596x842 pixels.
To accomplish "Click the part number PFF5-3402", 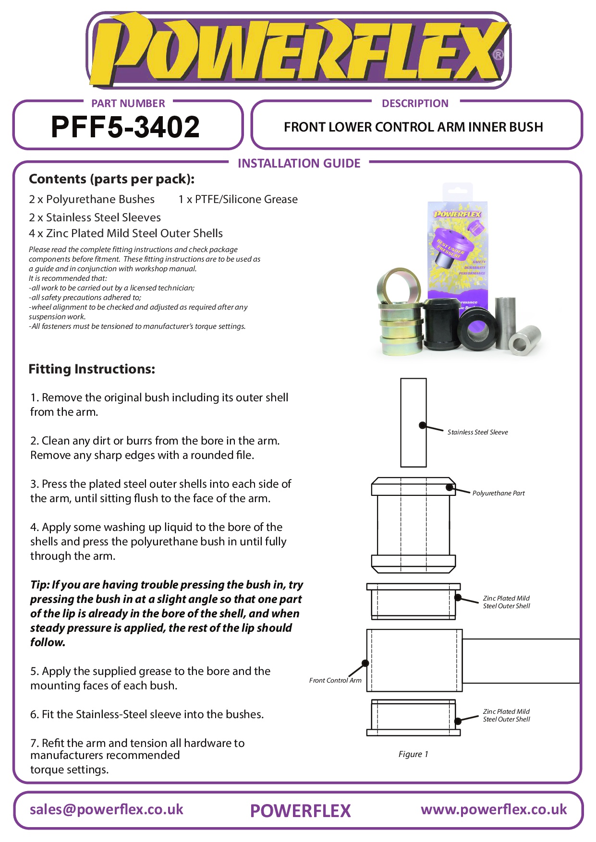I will pos(125,127).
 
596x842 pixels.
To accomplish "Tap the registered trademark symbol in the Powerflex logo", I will pos(499,55).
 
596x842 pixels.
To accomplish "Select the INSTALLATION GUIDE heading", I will pos(299,163).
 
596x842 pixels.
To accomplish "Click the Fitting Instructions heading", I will pos(92,369).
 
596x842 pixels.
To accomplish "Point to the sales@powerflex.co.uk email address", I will pos(107,809).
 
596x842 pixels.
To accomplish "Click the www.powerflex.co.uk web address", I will pos(494,809).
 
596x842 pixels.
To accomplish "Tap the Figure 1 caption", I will pos(413,754).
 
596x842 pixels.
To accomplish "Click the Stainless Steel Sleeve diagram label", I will pos(477,432).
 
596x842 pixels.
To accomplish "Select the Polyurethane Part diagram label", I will pos(499,493).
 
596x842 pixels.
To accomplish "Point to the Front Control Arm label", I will pos(335,680).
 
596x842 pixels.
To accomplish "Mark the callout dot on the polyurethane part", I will pos(450,487).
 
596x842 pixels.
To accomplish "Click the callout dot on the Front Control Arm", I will pos(365,663).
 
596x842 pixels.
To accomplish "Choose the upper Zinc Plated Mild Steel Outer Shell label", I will pos(506,602).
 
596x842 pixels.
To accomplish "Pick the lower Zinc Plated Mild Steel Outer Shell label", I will pos(506,715).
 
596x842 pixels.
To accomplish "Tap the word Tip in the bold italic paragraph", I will pos(39,585).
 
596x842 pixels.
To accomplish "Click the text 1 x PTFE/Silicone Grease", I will pos(238,199).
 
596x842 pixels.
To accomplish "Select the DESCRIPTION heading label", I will pos(415,103).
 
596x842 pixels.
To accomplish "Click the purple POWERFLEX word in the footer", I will pos(300,811).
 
